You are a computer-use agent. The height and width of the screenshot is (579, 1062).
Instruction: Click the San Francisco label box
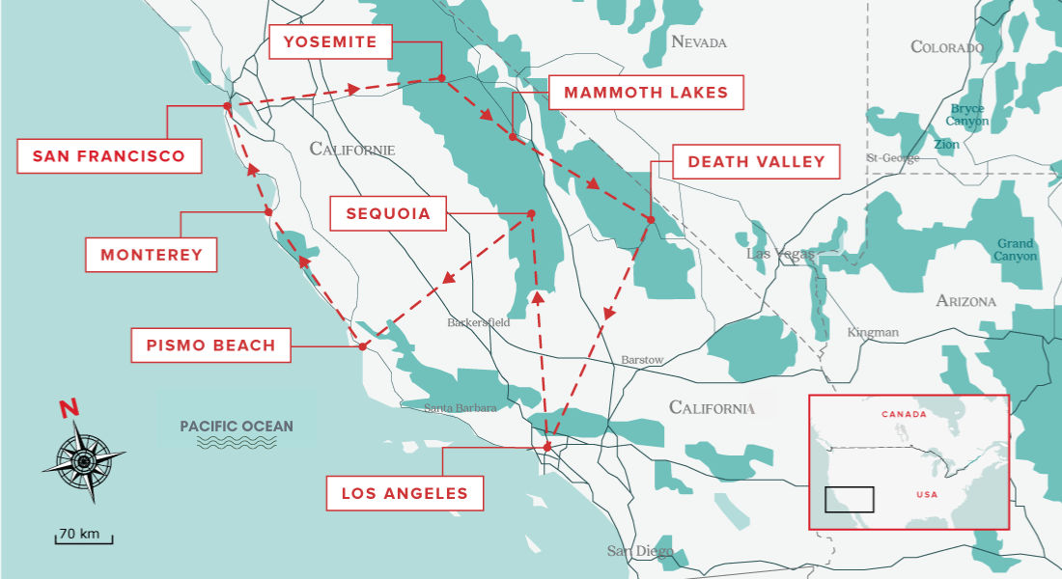coord(109,156)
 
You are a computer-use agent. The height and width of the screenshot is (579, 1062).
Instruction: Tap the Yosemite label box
coord(329,41)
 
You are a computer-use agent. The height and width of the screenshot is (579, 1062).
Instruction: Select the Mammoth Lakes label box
coord(646,93)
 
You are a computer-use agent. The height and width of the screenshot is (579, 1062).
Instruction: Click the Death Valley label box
coord(756,162)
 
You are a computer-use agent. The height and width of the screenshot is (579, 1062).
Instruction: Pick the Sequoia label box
coord(387,213)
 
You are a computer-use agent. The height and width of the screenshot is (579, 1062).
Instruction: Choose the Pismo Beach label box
coord(210,345)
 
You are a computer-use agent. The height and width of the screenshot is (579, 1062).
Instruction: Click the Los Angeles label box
coord(405,493)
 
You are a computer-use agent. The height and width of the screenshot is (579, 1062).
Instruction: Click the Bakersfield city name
coord(478,322)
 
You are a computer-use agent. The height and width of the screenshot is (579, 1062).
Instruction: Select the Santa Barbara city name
coord(461,408)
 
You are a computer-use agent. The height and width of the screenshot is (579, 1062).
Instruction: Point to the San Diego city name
coord(639,551)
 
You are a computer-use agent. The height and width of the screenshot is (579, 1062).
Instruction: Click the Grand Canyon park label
coord(1016,250)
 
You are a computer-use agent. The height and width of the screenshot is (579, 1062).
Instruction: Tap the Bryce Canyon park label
coord(966,115)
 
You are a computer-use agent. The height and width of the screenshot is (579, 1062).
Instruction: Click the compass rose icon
coord(83,460)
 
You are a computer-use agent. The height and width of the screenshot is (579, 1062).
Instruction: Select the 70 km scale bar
coord(83,536)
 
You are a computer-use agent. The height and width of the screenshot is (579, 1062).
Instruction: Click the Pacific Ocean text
coord(236,427)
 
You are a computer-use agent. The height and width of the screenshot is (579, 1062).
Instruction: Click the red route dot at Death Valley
coord(651,220)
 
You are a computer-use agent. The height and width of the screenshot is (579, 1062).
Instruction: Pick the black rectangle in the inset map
coord(849,499)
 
